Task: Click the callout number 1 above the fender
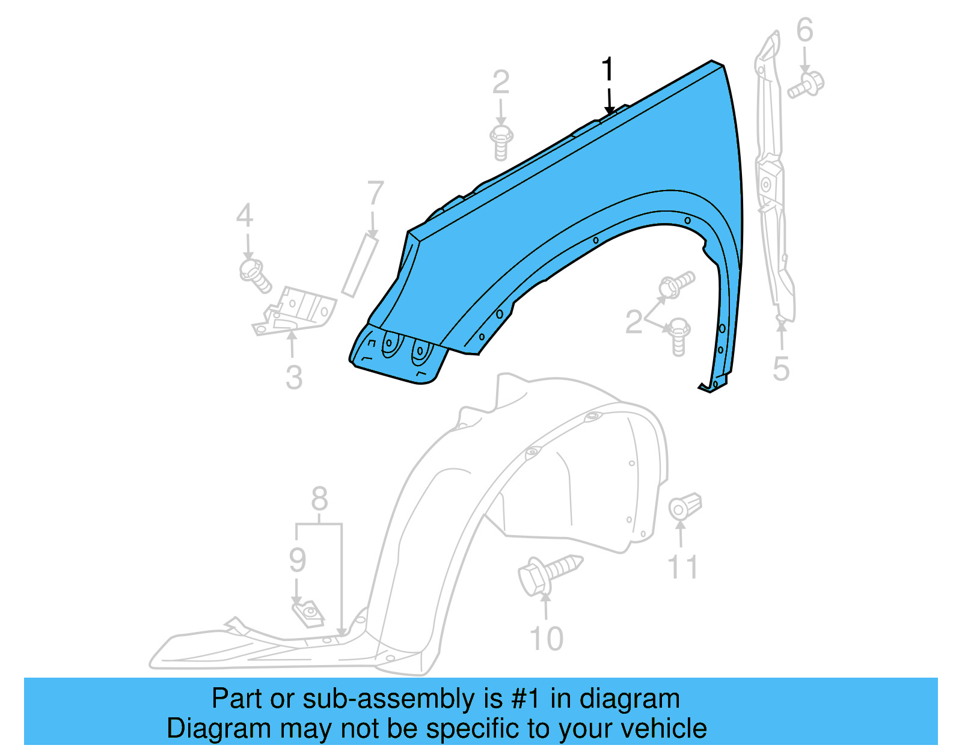[x=608, y=70]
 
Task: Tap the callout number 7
[x=375, y=194]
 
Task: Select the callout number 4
[x=244, y=216]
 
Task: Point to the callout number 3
[x=293, y=378]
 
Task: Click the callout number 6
[x=804, y=30]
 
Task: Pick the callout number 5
[x=780, y=369]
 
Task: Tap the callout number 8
[x=319, y=499]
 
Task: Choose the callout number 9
[x=298, y=560]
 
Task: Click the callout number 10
[x=546, y=639]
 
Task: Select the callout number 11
[x=682, y=567]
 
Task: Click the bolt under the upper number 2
[x=501, y=143]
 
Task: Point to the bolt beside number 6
[x=806, y=85]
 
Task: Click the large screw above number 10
[x=548, y=572]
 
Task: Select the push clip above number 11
[x=685, y=506]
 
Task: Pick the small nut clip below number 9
[x=308, y=614]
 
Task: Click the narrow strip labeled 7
[x=360, y=266]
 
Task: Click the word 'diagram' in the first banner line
[x=630, y=699]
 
